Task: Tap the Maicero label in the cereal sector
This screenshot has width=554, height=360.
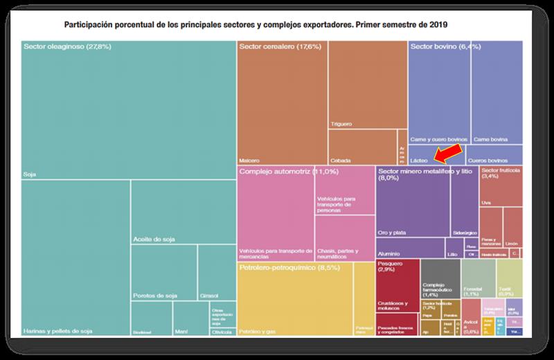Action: (250, 159)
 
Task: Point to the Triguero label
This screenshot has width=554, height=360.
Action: (342, 124)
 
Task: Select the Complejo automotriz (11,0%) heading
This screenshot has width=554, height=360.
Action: (288, 170)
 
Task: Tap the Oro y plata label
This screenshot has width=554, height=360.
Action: (392, 232)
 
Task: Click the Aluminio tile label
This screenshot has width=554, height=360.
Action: (390, 254)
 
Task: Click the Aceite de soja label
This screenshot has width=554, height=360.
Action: (153, 240)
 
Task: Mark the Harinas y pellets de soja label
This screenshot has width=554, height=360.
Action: (57, 332)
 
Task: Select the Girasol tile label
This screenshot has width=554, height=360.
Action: (208, 296)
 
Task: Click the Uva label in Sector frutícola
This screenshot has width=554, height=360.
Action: (486, 202)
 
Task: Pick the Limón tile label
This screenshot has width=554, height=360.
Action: (512, 244)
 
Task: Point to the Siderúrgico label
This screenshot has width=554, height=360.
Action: (465, 232)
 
